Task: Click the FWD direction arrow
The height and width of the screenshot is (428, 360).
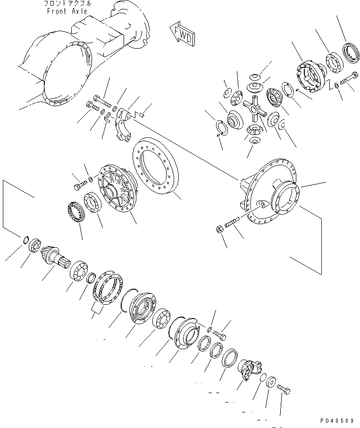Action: point(181,35)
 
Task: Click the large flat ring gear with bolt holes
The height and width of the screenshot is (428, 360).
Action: point(156,169)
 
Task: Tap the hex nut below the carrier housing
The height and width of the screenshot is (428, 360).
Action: point(219,230)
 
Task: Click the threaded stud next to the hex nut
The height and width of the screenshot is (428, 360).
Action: point(234,222)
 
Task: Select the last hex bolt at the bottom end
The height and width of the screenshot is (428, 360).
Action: point(283,390)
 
